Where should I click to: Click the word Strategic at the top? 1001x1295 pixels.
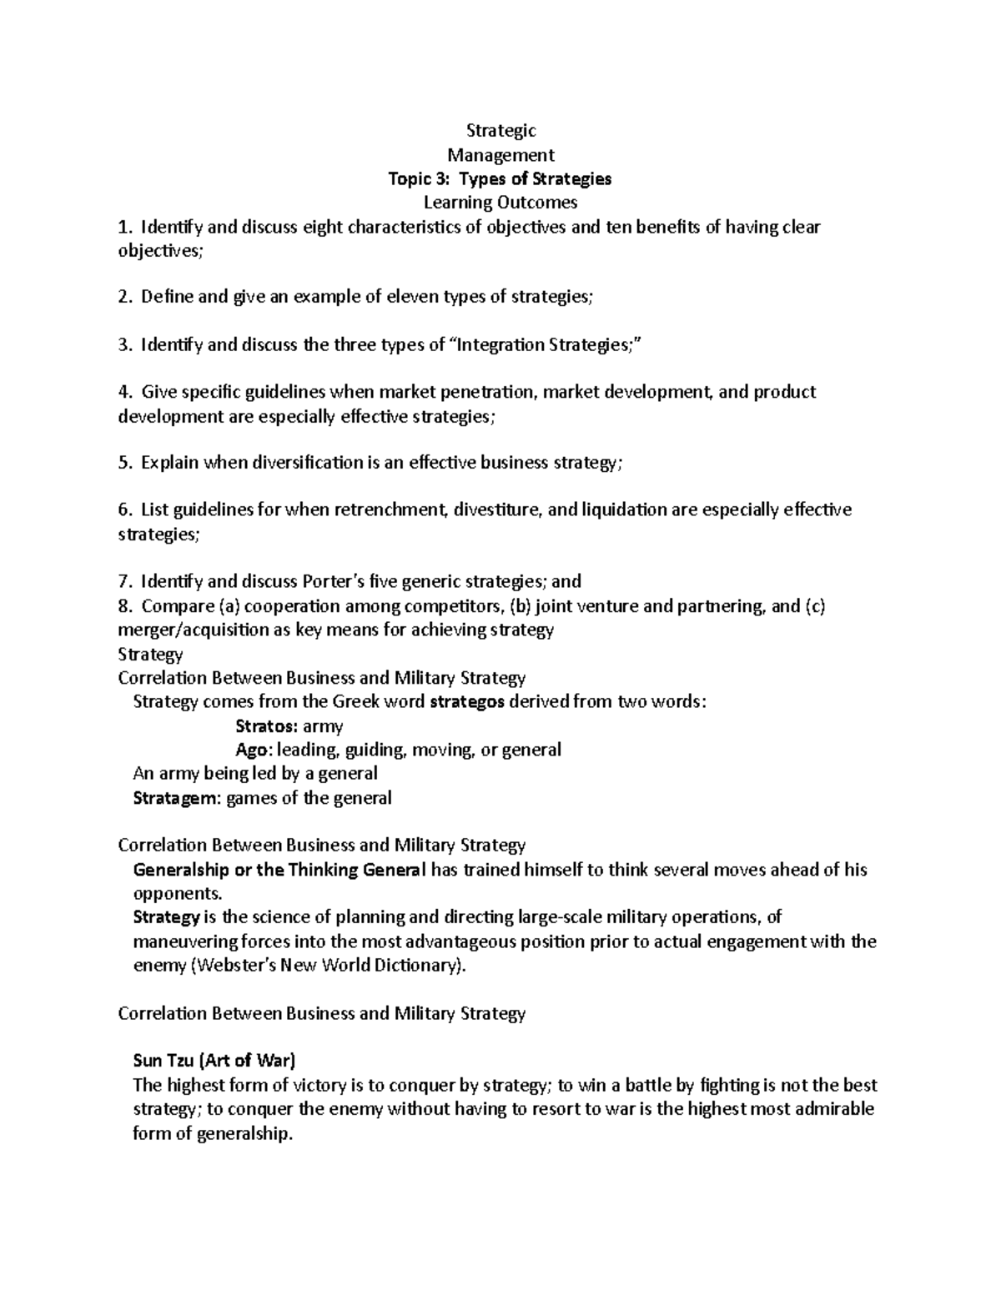[500, 130]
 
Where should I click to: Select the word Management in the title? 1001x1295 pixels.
[500, 154]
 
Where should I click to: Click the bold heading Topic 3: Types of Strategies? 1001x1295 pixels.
[500, 178]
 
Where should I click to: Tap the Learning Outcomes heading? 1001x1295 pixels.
[500, 202]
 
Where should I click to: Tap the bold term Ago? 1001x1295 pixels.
[254, 750]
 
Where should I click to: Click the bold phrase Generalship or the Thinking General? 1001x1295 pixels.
[279, 871]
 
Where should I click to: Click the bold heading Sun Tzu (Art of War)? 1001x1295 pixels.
[214, 1062]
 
